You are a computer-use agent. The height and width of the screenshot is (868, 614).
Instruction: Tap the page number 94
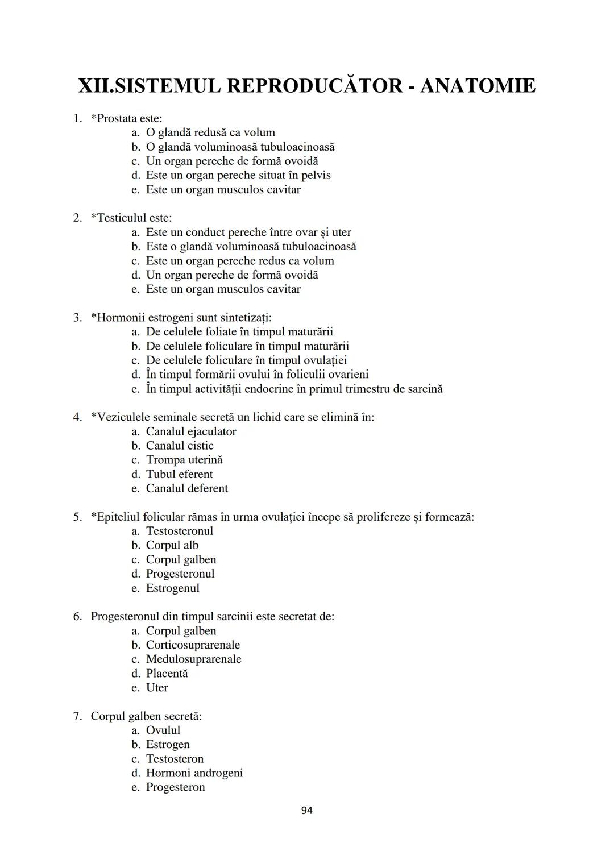coord(306,810)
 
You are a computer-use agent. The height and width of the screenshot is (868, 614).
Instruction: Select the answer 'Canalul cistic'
coord(180,446)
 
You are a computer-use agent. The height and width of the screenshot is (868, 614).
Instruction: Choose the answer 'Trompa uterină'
coord(184,460)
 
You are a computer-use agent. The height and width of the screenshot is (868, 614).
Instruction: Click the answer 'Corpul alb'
coord(172,545)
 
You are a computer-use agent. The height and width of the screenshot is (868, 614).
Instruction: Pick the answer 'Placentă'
coord(167,673)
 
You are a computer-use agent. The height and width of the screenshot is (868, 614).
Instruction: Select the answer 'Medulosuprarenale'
coord(193,659)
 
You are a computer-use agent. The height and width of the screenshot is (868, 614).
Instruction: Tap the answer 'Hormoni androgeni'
coord(194,773)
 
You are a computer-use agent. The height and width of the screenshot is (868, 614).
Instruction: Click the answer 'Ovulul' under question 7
coord(163,730)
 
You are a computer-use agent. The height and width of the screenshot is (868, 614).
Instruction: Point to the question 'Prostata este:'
coord(126,118)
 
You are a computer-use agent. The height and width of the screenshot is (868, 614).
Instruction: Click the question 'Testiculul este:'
coord(131,218)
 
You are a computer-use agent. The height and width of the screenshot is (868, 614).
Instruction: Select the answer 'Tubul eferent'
coord(179,474)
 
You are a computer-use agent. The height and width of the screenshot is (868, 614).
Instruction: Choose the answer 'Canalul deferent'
coord(186,488)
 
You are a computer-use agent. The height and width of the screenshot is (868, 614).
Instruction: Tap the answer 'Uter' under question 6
coord(157,687)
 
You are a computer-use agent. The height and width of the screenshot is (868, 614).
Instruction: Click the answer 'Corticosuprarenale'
coord(193,645)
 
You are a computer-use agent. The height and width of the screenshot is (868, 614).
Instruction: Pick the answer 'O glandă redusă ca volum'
coord(210,132)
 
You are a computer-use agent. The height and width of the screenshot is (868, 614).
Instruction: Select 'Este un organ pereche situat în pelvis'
coord(238,175)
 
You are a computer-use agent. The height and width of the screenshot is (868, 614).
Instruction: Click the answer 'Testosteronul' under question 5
coord(180,531)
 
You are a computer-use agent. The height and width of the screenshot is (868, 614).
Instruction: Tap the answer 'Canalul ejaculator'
coord(191,431)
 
